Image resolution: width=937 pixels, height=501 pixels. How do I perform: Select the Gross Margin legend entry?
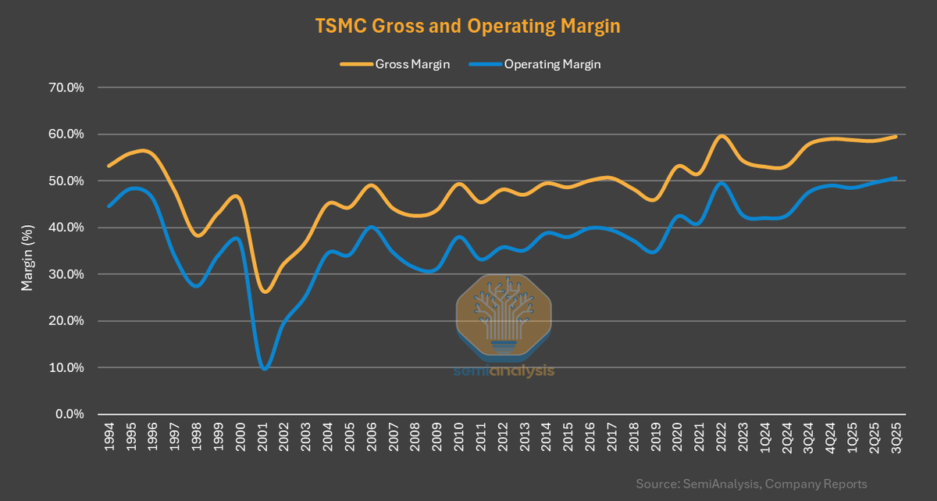[x=394, y=65]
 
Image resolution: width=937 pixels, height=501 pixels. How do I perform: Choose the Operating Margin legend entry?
[x=536, y=65]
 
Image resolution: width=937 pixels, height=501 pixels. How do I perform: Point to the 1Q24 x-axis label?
[x=767, y=440]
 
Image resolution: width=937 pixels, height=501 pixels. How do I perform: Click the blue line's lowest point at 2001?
[x=265, y=369]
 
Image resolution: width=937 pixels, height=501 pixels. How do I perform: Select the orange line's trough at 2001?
[x=265, y=292]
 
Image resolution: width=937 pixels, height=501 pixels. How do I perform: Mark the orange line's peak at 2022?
[x=722, y=136]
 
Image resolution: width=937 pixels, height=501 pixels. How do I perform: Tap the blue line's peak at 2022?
[x=722, y=183]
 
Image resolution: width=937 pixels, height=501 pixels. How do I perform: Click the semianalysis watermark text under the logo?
[x=504, y=370]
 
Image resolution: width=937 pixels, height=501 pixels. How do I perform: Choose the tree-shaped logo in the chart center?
[x=504, y=313]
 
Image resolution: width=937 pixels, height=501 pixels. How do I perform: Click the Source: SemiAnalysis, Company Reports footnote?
[x=751, y=485]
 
